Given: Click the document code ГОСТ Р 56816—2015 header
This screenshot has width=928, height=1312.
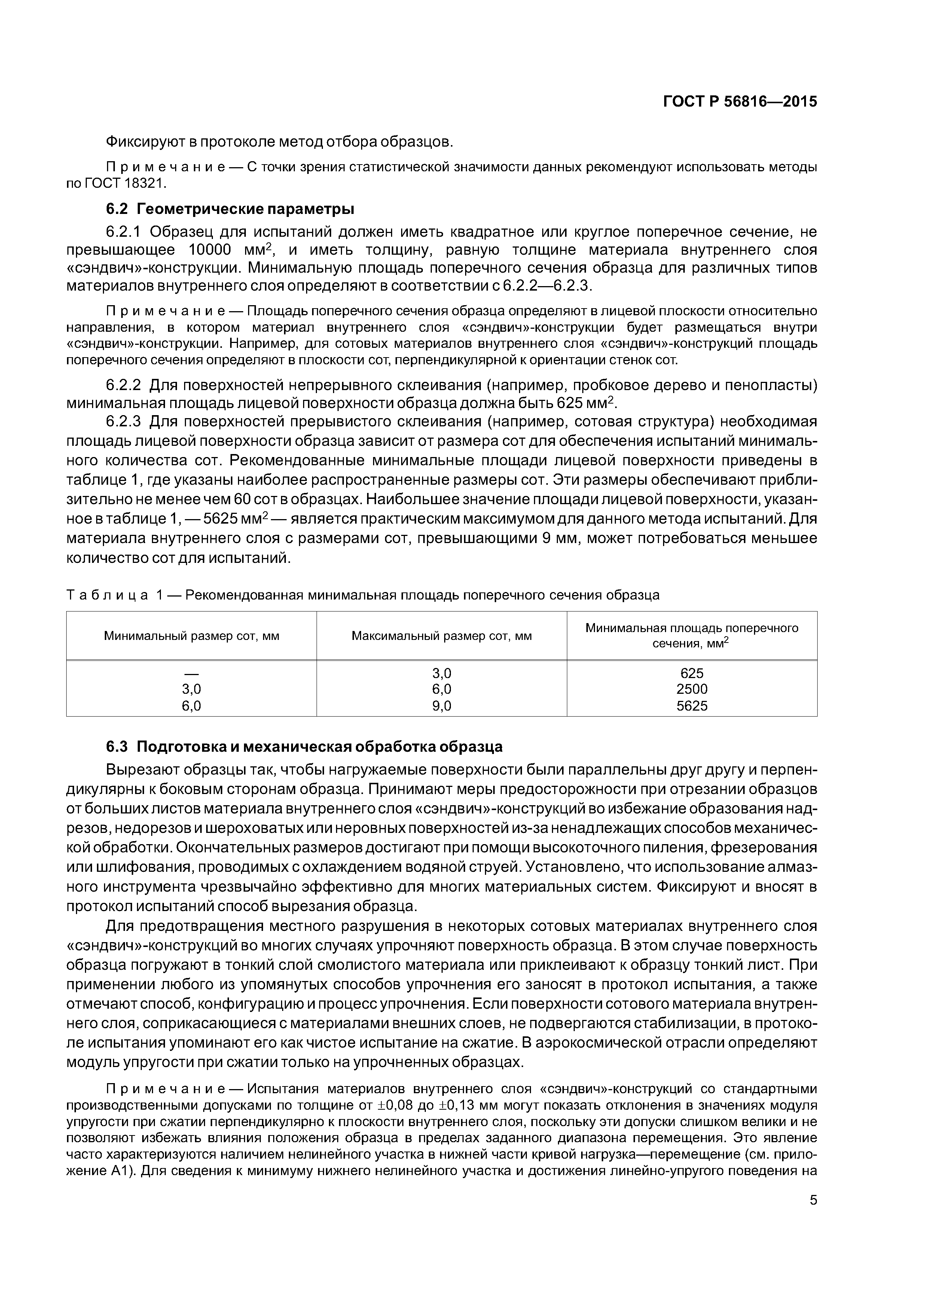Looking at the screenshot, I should point(739,102).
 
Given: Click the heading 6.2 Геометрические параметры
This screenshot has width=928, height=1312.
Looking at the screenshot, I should point(230,209).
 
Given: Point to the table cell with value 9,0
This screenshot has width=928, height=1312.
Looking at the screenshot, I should point(442,706).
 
